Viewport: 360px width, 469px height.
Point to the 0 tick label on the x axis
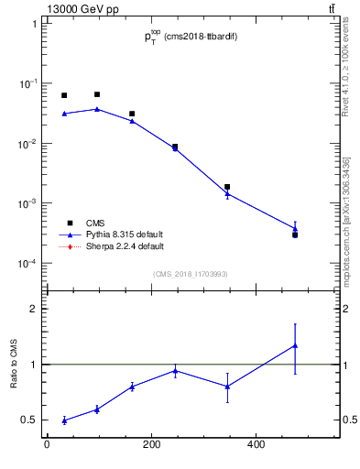pos(48,445)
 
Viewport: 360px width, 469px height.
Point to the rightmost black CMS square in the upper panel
pos(295,235)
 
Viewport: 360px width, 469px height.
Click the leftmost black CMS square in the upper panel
pos(64,95)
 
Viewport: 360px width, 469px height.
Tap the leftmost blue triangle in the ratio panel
pos(64,420)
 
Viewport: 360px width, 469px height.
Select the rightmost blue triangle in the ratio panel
pos(295,345)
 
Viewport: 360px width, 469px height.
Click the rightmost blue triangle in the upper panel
pos(295,229)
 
